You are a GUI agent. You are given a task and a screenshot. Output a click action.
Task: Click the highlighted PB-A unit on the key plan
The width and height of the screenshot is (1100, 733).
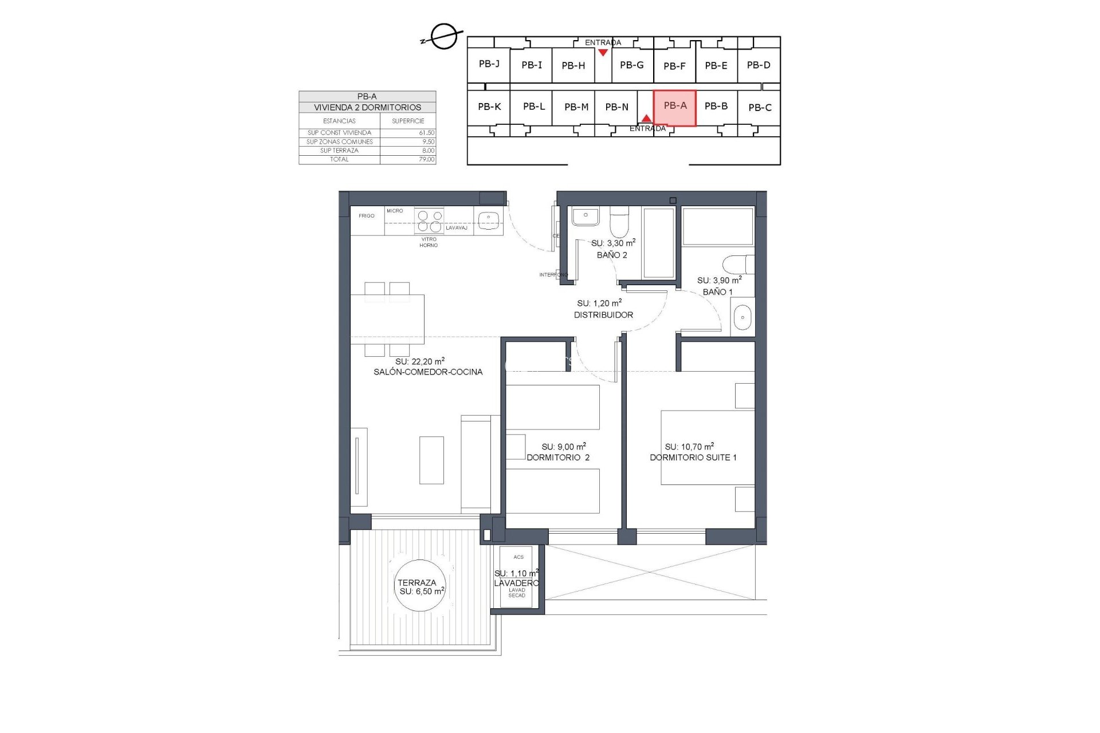click(x=674, y=107)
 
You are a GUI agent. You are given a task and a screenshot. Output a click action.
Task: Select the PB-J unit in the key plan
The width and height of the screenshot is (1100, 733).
click(x=489, y=64)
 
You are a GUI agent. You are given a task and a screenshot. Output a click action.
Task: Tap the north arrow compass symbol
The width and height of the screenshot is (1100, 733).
click(x=443, y=37)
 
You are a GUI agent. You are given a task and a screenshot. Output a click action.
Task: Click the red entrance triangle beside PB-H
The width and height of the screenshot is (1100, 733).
click(x=603, y=53)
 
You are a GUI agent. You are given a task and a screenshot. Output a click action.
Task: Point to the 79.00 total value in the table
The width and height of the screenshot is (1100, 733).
click(x=426, y=160)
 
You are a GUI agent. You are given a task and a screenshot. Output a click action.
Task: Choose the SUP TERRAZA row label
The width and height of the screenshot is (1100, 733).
click(x=339, y=151)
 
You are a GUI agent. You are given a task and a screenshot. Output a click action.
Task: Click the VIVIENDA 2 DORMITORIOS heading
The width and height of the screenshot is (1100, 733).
click(x=367, y=107)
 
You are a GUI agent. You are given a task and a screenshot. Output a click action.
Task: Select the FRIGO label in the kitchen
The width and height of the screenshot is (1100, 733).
click(x=367, y=216)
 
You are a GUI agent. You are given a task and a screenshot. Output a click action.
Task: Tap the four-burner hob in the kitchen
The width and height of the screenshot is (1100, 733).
click(x=429, y=221)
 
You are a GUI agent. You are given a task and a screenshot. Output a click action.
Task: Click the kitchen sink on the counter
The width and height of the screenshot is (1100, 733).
click(x=489, y=219)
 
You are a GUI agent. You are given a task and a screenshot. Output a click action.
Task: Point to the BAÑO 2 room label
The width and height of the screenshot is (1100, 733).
click(x=612, y=255)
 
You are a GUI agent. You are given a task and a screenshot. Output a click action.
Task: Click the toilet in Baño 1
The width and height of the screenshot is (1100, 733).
click(x=738, y=265)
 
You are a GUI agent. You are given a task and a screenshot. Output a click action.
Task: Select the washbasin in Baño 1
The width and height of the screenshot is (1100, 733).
click(x=742, y=317)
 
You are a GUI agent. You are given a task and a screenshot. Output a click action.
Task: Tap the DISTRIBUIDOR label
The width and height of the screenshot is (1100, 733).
click(x=603, y=315)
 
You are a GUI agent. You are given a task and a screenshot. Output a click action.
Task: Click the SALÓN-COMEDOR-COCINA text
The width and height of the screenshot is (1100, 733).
click(x=428, y=372)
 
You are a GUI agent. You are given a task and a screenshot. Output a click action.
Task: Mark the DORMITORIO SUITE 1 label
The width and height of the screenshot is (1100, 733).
click(x=693, y=457)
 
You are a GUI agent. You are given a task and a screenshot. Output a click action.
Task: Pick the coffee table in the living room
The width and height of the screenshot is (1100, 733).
click(x=431, y=460)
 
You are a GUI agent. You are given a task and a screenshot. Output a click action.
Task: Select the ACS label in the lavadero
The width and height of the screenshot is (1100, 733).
click(x=518, y=557)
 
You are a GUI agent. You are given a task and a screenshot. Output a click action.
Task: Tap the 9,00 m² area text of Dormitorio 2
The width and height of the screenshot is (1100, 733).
click(x=564, y=447)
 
